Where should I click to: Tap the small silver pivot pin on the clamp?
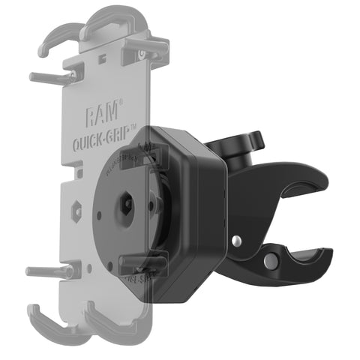(236, 240)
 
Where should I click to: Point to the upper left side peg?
(52, 76)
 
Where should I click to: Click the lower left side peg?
(52, 271)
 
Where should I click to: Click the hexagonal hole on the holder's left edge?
(76, 211)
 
